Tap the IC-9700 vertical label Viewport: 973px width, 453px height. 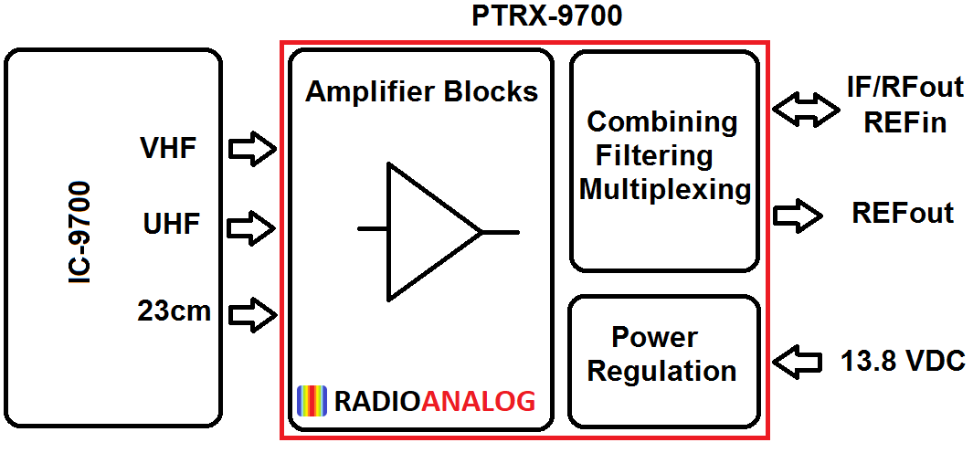(x=81, y=232)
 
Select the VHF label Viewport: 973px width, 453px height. (x=168, y=148)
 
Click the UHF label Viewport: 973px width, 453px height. (x=170, y=223)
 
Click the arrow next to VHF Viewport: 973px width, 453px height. (x=252, y=148)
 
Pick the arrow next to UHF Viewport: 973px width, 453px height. (x=252, y=226)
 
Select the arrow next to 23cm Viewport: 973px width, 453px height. (x=252, y=315)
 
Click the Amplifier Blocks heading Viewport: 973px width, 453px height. (x=421, y=92)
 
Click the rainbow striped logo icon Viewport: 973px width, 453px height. (x=312, y=401)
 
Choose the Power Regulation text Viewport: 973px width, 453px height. (x=661, y=354)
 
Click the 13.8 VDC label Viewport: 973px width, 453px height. (x=902, y=362)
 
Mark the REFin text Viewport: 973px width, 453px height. (x=904, y=121)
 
